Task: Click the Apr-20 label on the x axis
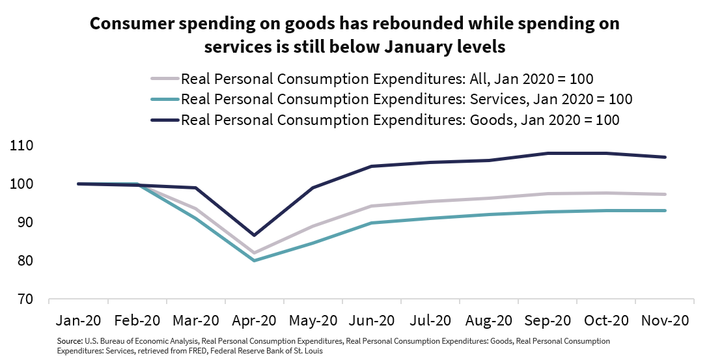(x=254, y=321)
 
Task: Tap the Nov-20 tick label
(x=664, y=321)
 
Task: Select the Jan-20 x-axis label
(x=79, y=321)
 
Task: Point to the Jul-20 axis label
(x=430, y=321)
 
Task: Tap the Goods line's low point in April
(x=254, y=235)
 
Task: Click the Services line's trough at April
(x=254, y=260)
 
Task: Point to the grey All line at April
(x=254, y=253)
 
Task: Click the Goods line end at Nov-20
(x=665, y=157)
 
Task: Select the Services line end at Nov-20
(x=665, y=210)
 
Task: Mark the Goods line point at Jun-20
(x=371, y=166)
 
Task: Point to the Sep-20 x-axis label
(x=547, y=321)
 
